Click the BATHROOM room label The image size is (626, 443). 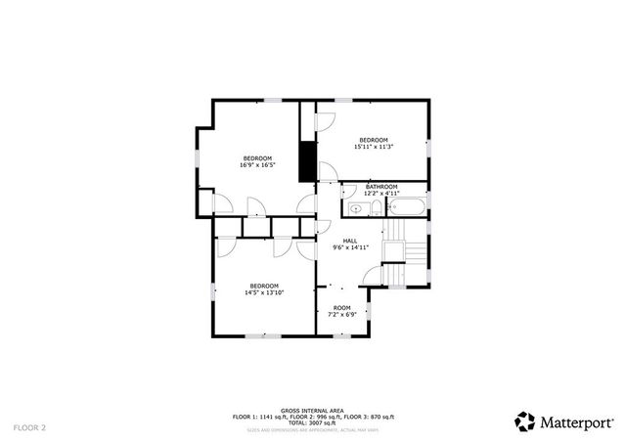(381, 186)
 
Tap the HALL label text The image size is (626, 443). (349, 241)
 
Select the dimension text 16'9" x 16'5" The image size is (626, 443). (257, 165)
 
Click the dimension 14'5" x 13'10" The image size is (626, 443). (263, 292)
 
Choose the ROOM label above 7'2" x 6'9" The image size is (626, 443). (341, 308)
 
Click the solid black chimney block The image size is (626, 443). (307, 161)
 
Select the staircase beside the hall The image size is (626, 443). (402, 250)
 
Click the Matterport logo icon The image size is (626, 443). (525, 421)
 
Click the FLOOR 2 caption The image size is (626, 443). (29, 427)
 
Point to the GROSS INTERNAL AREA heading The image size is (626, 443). (312, 411)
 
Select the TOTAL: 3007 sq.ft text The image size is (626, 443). (312, 422)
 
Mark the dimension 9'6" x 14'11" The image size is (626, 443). (349, 248)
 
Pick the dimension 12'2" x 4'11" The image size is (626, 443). (381, 194)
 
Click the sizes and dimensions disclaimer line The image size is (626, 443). (312, 429)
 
